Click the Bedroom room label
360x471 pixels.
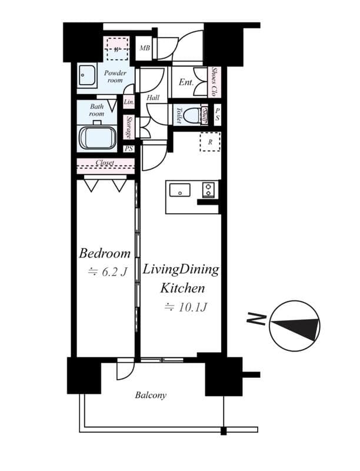(105, 254)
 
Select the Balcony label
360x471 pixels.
(151, 395)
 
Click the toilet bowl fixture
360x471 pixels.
(191, 115)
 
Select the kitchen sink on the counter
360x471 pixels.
(179, 190)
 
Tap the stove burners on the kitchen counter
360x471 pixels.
(209, 190)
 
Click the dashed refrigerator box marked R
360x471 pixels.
(209, 142)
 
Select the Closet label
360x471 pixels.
(105, 162)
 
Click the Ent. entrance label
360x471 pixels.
(186, 83)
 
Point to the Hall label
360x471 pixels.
(153, 98)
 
